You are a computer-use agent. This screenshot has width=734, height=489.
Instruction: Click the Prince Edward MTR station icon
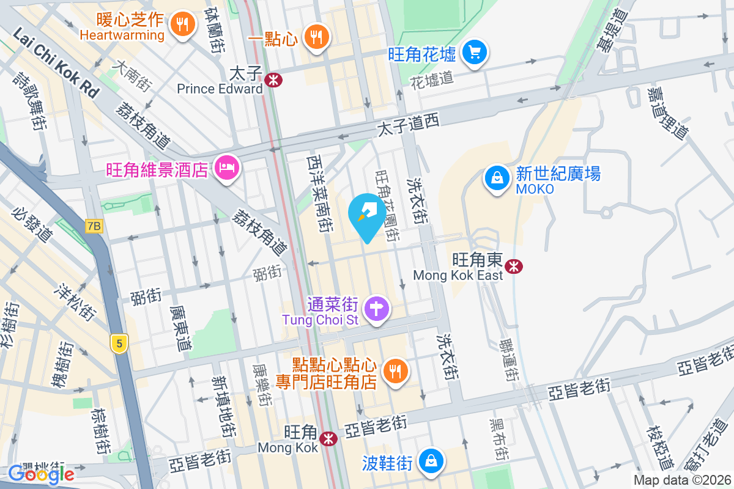(x=273, y=79)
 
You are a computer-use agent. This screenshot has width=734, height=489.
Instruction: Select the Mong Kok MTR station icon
(x=329, y=438)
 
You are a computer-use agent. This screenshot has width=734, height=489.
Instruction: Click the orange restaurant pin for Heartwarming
(x=182, y=24)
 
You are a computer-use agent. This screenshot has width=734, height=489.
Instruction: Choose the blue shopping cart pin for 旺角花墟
(x=475, y=53)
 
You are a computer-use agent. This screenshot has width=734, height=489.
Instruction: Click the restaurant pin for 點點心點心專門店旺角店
(x=395, y=371)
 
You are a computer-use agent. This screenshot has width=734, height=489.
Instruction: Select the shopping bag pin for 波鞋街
(x=432, y=460)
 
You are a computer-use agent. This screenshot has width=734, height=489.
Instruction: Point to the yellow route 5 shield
(x=119, y=344)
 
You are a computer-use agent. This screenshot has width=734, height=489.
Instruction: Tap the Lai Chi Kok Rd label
(x=55, y=63)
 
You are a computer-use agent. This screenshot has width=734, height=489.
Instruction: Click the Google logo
(x=41, y=474)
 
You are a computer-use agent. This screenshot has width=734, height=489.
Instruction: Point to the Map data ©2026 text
(x=681, y=480)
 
